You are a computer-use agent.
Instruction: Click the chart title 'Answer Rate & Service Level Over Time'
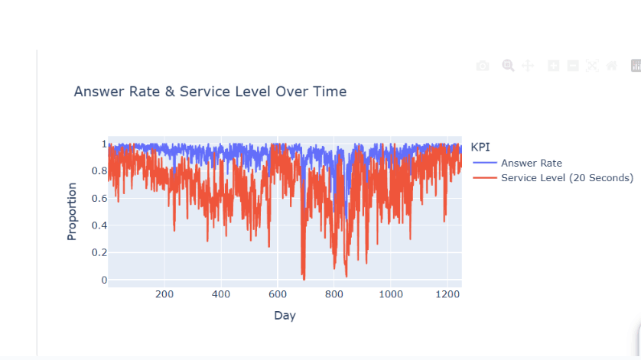210,92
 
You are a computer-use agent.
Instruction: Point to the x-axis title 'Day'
285,315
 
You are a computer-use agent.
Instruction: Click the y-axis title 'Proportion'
72,212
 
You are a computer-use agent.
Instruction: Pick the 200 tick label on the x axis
164,294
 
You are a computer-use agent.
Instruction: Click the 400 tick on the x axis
220,294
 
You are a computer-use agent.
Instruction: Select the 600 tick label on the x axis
277,294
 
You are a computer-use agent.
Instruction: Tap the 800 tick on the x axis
334,294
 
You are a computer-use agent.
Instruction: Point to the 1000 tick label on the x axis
391,294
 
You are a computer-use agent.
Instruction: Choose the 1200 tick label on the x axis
447,294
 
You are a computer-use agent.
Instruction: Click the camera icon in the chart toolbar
482,66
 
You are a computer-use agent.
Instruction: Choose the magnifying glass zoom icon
508,66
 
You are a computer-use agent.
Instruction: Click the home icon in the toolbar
611,66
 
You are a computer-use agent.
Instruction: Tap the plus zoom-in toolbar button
554,66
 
